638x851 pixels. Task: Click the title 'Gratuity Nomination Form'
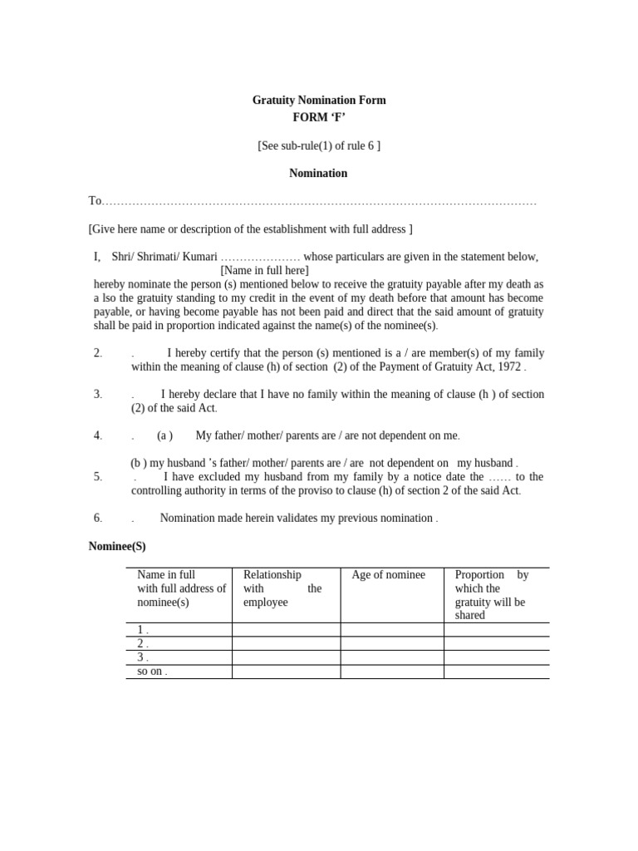coord(319,100)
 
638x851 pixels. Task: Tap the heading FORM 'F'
coord(319,117)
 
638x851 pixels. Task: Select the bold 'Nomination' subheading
coord(318,174)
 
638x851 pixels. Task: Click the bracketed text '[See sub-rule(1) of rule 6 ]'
coord(319,145)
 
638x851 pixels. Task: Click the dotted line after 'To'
coord(320,202)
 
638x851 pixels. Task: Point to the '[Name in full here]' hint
coord(264,270)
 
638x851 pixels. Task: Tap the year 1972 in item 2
coord(508,366)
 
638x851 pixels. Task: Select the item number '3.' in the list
coord(97,394)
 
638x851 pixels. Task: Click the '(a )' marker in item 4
coord(164,435)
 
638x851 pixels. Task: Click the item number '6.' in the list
coord(97,518)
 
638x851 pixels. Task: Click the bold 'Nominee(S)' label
coord(117,546)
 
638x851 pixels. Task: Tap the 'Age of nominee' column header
coord(388,575)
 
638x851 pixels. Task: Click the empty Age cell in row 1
coord(391,630)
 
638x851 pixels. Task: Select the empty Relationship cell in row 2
coord(286,643)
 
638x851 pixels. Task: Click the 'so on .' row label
coord(152,671)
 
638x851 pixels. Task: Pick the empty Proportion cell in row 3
coord(496,657)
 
